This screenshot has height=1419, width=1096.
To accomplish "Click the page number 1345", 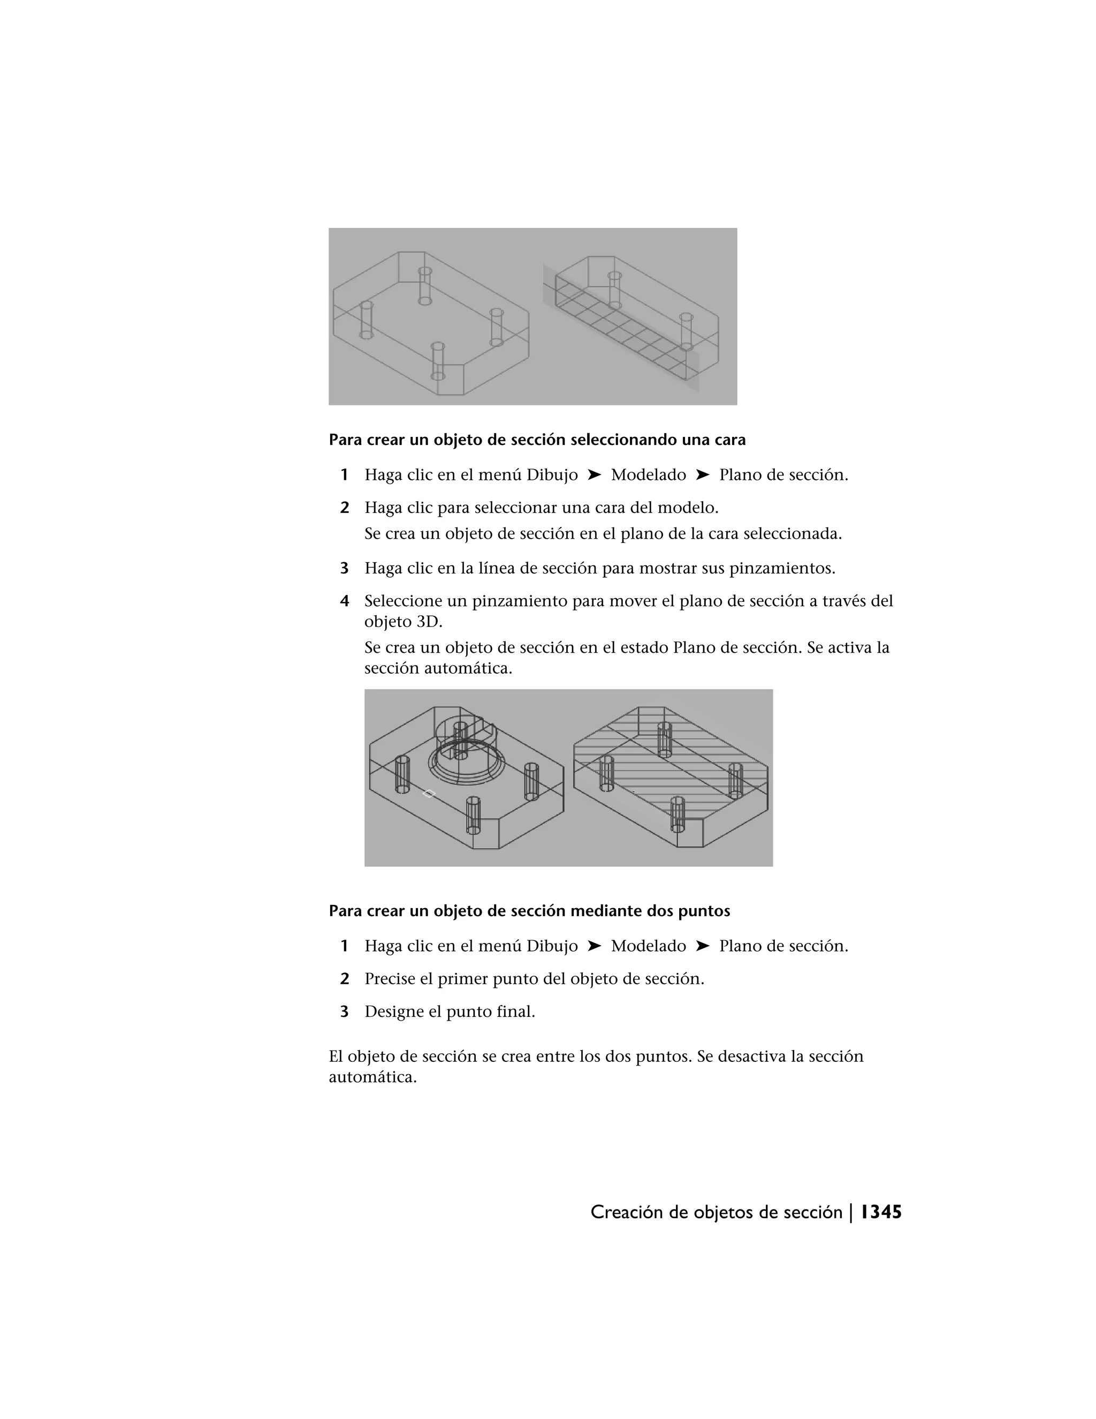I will tap(881, 1212).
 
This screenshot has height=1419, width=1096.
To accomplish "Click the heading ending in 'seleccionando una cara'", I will tap(537, 440).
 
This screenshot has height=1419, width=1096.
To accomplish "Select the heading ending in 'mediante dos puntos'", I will tap(529, 911).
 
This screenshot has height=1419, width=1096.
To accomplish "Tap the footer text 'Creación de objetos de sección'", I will tap(716, 1212).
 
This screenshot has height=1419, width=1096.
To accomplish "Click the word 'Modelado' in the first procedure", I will tap(648, 475).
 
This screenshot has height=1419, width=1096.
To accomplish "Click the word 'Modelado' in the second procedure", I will tap(648, 946).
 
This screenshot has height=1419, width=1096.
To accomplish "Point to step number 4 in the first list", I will tap(345, 601).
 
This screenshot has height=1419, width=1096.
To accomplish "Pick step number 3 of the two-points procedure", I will tap(345, 1012).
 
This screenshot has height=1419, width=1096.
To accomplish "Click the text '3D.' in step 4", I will tap(429, 622).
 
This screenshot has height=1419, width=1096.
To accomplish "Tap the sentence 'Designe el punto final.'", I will tap(450, 1012).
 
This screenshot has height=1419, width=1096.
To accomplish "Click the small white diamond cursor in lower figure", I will tap(429, 794).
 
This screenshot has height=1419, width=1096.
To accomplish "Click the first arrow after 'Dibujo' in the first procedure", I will tap(594, 475).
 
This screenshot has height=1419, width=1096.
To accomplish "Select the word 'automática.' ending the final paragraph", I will tap(372, 1077).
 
